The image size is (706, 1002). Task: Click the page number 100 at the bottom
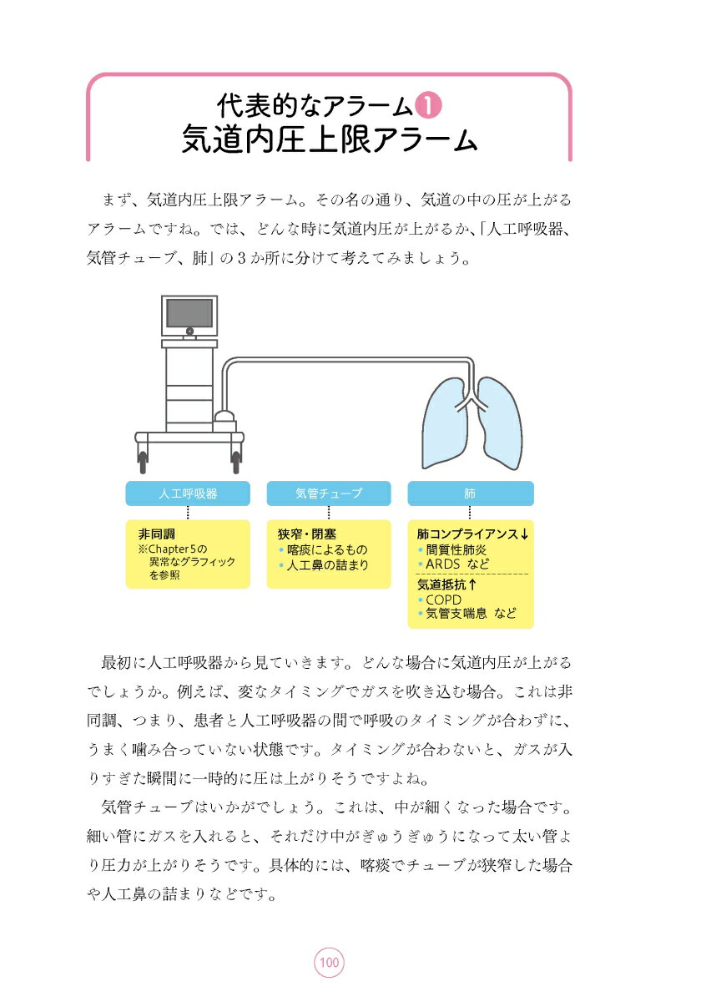(329, 963)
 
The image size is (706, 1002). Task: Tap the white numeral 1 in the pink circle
(427, 106)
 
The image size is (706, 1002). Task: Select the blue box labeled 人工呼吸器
(188, 493)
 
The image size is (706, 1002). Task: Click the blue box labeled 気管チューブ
(329, 493)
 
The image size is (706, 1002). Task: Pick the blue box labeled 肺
(470, 493)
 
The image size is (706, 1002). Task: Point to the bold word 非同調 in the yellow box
(157, 534)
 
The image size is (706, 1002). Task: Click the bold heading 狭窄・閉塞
(307, 534)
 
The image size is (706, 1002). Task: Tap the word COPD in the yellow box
(444, 600)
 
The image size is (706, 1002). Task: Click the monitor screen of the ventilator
(189, 313)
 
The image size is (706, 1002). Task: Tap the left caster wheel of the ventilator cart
(143, 458)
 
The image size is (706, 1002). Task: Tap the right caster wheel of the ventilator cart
(236, 458)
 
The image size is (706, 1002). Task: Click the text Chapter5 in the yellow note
(171, 549)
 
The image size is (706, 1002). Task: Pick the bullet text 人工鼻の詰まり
(327, 564)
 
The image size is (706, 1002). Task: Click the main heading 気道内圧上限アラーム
(329, 140)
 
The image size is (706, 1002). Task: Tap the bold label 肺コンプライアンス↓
(472, 534)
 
